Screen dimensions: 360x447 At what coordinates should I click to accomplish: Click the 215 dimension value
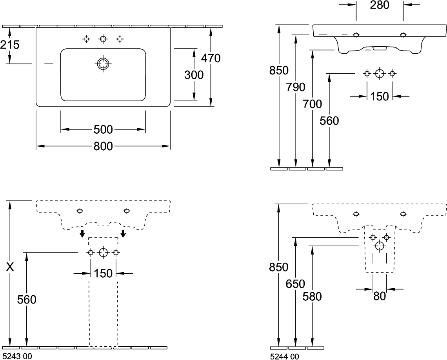[10, 45]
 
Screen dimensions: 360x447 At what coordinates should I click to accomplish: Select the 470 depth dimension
[211, 58]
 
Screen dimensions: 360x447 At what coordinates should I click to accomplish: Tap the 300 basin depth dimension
[194, 75]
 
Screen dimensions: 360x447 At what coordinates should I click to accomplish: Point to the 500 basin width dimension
[103, 129]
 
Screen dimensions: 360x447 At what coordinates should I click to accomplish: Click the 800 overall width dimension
[103, 146]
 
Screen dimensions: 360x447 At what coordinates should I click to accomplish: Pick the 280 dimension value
[379, 5]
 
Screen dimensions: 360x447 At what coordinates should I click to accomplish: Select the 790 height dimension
[296, 87]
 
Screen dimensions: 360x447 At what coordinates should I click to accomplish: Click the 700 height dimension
[313, 104]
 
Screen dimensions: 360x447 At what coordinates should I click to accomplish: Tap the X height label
[11, 267]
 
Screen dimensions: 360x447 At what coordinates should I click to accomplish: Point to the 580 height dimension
[313, 297]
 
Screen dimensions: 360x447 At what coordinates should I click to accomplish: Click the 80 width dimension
[379, 296]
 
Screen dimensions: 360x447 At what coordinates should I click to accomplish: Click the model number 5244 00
[285, 356]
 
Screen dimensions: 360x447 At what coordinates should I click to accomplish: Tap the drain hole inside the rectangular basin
[103, 64]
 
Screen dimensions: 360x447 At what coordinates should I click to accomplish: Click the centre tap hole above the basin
[103, 38]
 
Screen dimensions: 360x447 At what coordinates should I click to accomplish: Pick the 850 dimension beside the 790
[279, 71]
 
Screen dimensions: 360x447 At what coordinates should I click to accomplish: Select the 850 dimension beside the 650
[279, 267]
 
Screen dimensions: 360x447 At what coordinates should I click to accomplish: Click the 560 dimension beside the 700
[329, 121]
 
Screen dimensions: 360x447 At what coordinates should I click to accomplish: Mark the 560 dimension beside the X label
[27, 300]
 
